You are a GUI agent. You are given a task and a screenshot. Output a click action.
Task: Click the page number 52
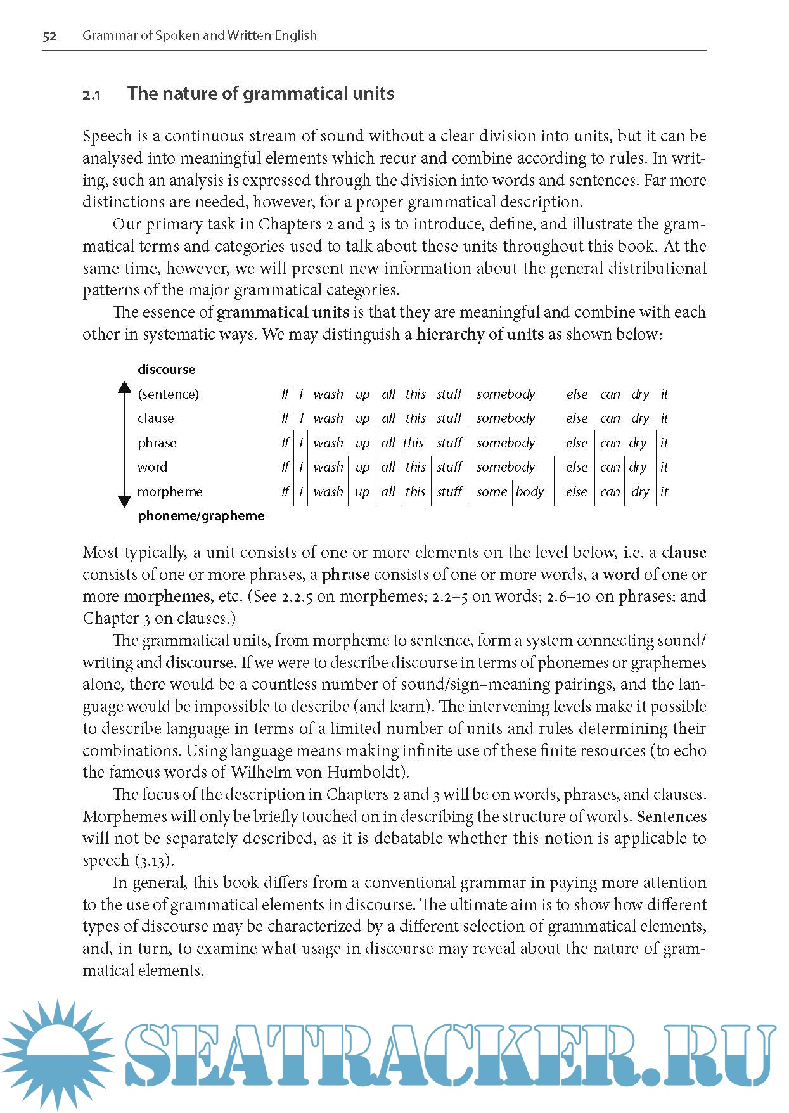click(49, 36)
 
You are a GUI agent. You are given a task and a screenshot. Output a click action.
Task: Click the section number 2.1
click(91, 95)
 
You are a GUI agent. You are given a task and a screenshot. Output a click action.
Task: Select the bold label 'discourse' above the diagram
click(167, 370)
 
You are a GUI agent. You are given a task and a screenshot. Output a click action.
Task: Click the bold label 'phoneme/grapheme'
click(201, 516)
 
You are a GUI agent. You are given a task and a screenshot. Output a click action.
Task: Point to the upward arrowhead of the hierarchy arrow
click(125, 387)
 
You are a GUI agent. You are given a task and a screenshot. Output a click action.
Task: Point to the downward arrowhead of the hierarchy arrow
click(125, 501)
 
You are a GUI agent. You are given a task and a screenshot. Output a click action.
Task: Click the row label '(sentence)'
click(168, 394)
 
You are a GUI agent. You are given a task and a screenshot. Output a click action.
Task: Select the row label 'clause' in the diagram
click(156, 418)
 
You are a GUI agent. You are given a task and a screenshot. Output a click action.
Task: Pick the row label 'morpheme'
click(170, 492)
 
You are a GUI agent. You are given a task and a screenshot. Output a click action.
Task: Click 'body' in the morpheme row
click(530, 492)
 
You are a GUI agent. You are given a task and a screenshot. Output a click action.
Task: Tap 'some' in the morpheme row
click(492, 492)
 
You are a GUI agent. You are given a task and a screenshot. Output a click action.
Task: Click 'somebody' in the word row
click(506, 467)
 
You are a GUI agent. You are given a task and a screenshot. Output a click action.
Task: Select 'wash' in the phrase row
click(328, 443)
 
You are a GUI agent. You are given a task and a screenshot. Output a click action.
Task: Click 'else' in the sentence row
click(577, 394)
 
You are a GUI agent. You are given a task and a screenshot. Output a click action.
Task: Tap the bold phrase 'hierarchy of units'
click(480, 334)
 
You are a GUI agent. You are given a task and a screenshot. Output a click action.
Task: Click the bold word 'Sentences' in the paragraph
click(671, 816)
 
